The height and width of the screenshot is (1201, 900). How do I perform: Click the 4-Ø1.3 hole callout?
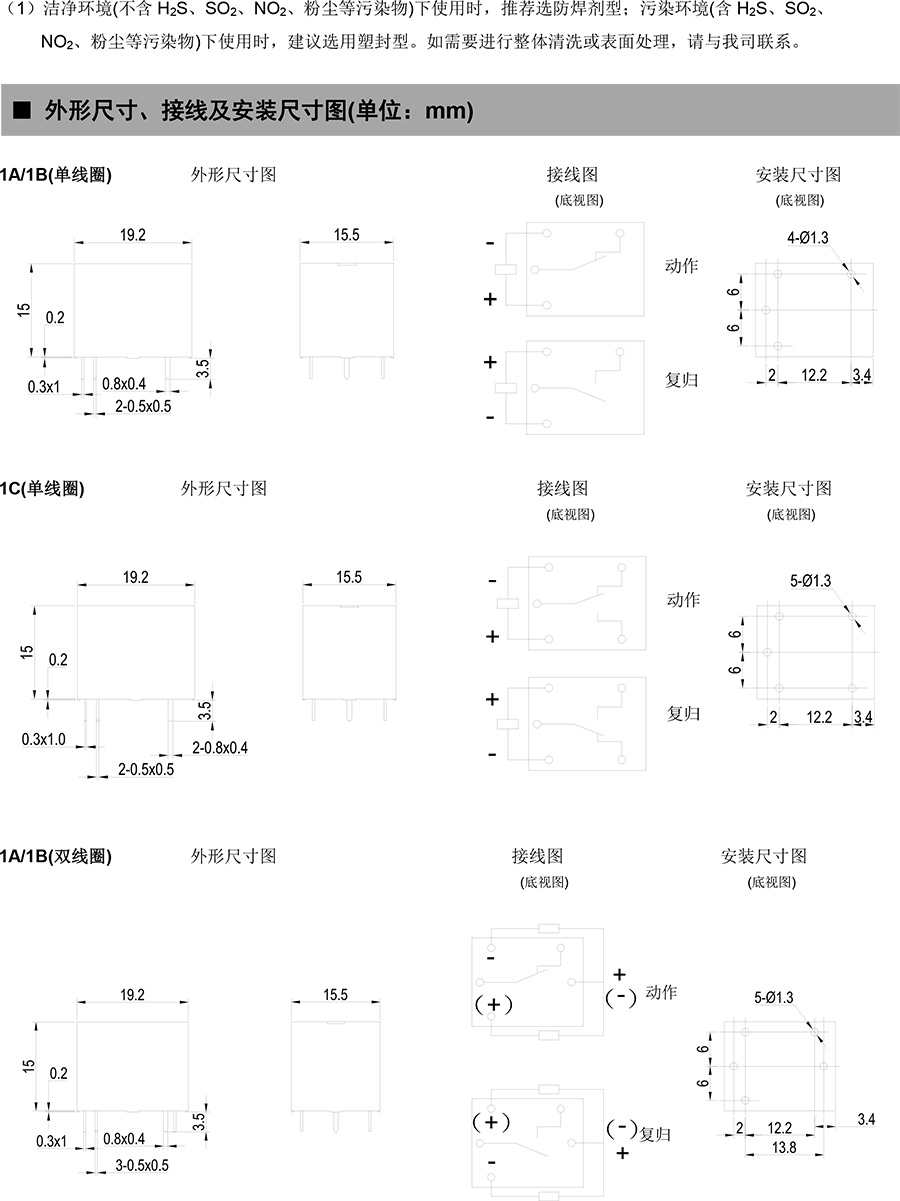tap(808, 237)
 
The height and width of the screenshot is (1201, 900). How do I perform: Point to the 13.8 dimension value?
tap(785, 1148)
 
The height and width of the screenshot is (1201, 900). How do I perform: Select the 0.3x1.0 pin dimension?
tap(43, 739)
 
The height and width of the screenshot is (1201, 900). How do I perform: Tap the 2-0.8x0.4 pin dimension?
tap(220, 747)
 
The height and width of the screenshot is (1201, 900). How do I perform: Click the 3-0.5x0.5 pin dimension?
tap(142, 1165)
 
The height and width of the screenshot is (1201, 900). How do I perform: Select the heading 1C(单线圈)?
tap(42, 489)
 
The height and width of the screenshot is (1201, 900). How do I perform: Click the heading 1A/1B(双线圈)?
tap(56, 856)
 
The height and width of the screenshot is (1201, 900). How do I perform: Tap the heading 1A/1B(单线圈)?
tap(56, 174)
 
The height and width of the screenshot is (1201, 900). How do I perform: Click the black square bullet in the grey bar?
tap(22, 112)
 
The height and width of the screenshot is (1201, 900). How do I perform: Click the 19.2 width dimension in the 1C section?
tap(135, 577)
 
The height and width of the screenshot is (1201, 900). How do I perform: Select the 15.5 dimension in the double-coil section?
tap(335, 995)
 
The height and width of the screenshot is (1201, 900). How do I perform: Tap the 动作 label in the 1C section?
tap(683, 600)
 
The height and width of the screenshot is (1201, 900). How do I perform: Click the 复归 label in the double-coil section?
tap(655, 1134)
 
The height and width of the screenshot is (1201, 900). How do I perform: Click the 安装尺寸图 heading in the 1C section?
tap(788, 489)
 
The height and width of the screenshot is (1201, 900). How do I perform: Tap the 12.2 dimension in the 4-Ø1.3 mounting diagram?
tap(815, 375)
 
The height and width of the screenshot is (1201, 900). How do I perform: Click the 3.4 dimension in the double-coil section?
tap(866, 1119)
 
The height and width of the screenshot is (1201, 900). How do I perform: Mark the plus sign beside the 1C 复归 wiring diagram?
tap(491, 699)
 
